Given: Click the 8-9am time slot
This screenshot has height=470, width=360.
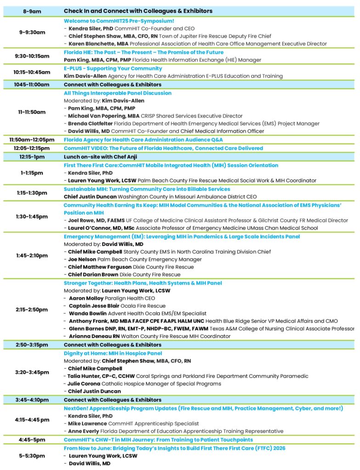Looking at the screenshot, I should (32, 11).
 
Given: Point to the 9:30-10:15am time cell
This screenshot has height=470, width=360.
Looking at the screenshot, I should (32, 56).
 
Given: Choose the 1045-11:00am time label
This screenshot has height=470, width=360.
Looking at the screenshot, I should (32, 84).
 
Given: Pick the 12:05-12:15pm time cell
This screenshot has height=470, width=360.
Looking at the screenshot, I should (32, 148).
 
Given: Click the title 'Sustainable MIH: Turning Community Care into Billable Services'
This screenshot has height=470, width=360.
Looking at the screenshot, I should (147, 189).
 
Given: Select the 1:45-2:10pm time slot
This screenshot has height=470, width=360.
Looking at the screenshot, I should (32, 255).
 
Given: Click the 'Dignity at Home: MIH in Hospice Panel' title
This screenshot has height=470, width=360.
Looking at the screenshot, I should (112, 353).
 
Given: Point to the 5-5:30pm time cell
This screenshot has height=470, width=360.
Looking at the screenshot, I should (32, 455).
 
